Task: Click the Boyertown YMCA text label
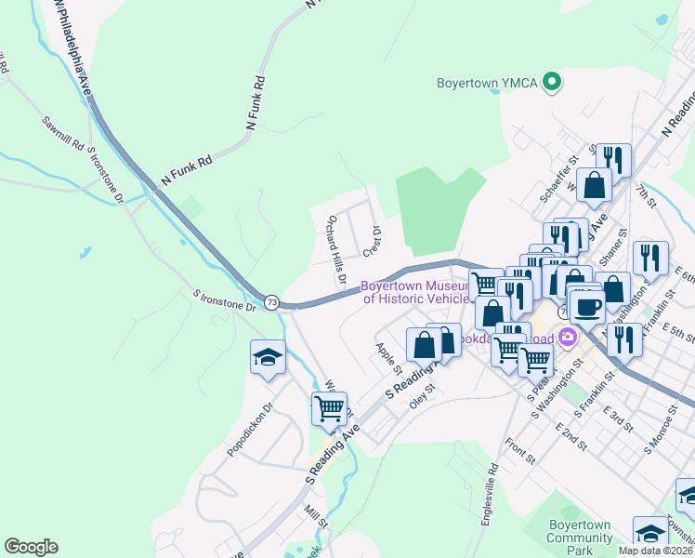(x=488, y=83)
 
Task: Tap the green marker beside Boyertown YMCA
(x=552, y=83)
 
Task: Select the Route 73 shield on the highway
(x=271, y=302)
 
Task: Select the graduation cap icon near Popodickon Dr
(x=267, y=357)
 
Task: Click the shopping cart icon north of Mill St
(x=329, y=408)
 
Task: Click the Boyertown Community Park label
(x=580, y=538)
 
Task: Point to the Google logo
(x=31, y=547)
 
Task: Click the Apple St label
(x=386, y=354)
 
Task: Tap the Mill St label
(x=317, y=516)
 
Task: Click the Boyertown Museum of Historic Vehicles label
(x=415, y=293)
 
